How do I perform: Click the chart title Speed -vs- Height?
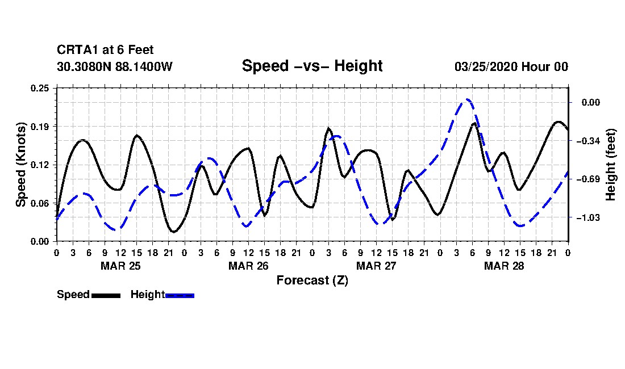tap(312, 66)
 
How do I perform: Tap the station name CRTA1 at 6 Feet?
tap(105, 50)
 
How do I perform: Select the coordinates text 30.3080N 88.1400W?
tap(115, 66)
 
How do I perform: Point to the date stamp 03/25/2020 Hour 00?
tap(511, 66)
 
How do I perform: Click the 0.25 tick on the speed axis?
tap(40, 88)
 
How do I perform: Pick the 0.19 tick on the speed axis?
tap(40, 127)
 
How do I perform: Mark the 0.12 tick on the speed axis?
tap(40, 165)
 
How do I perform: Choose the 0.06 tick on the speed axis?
tap(40, 203)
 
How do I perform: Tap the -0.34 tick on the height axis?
tap(587, 141)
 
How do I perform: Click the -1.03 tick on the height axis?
tap(587, 218)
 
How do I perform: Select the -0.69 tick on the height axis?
tap(587, 179)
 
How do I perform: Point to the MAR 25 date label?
tap(121, 266)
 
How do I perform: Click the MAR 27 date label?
tap(376, 266)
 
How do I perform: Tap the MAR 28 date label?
tap(504, 266)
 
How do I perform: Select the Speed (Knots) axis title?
tap(20, 165)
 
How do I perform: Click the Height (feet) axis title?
tap(611, 165)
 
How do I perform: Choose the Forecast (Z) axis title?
tap(312, 280)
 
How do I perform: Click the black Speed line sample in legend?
tap(106, 296)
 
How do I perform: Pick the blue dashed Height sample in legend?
tap(180, 296)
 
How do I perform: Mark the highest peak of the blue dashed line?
tap(468, 99)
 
